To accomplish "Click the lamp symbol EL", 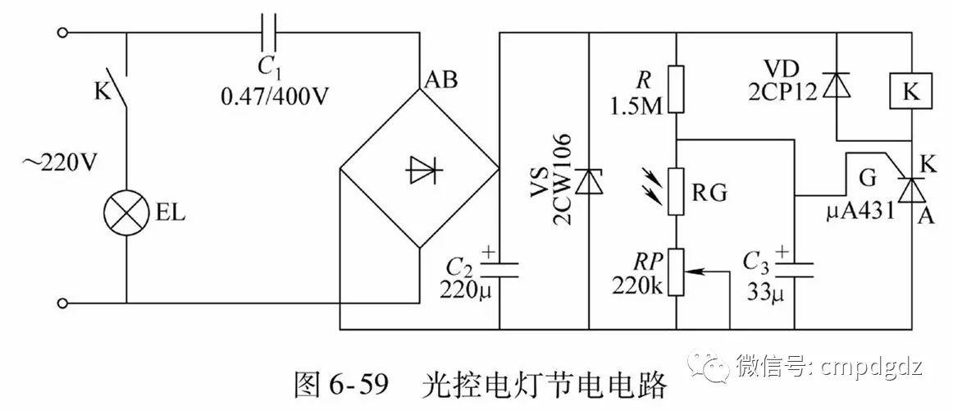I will tap(126, 214).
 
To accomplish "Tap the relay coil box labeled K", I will tap(911, 93).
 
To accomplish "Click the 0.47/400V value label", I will tap(275, 95).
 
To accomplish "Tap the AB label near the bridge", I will tap(440, 80).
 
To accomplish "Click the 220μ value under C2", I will tap(470, 289).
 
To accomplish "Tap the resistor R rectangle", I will tap(677, 89).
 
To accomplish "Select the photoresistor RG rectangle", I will tap(677, 190).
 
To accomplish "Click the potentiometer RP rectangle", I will tap(677, 272).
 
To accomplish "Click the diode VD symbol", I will tap(836, 84).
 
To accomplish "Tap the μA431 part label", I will tap(860, 213).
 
